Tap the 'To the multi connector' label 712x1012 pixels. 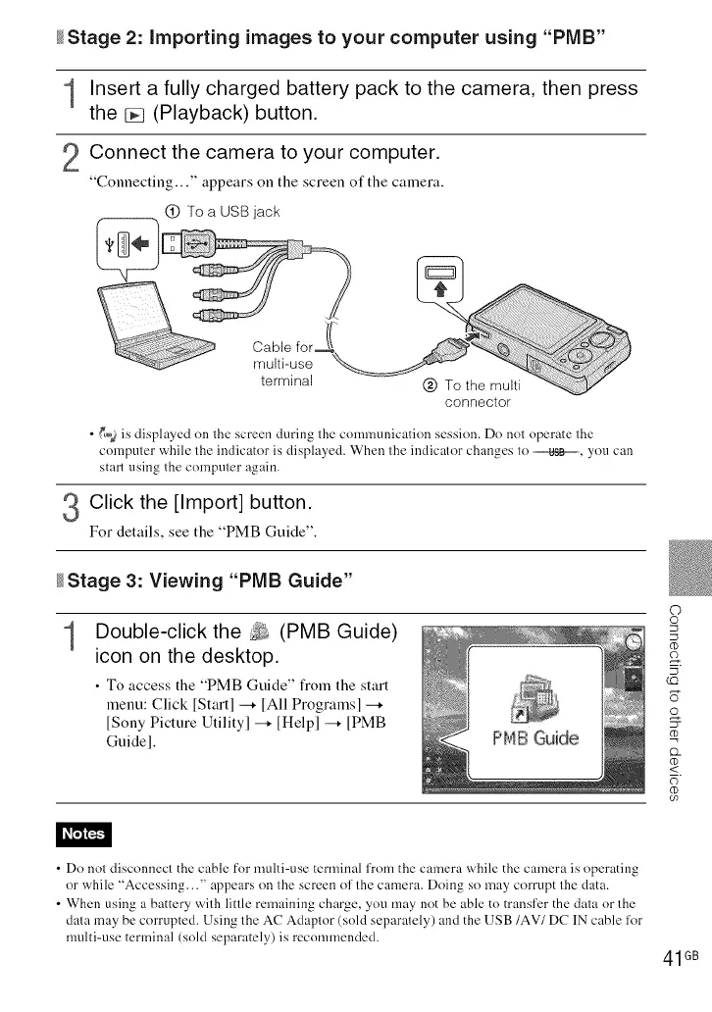478,393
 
